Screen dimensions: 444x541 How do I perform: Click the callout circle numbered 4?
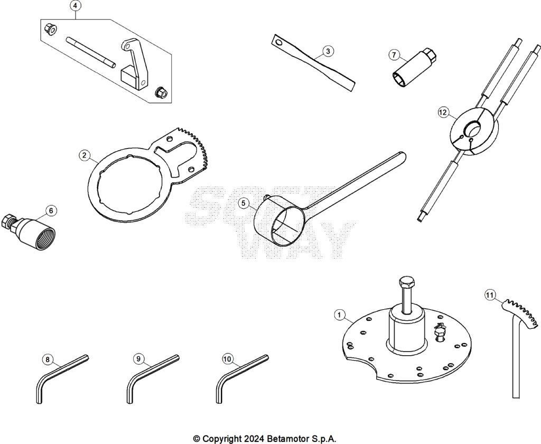pos(76,6)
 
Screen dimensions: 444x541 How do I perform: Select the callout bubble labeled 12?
pos(443,112)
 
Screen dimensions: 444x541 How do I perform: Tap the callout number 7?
pos(393,54)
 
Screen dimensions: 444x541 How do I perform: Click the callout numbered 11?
pos(490,295)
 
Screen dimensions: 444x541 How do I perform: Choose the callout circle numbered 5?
pos(243,203)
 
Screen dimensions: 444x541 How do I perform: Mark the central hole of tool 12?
pos(472,129)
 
